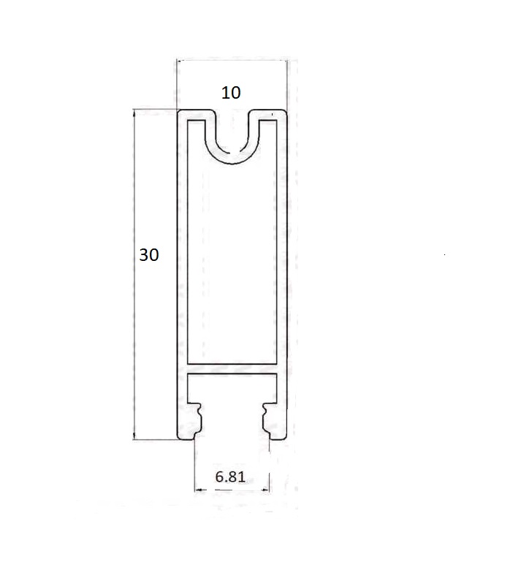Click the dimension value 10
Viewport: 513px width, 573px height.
pyautogui.click(x=231, y=93)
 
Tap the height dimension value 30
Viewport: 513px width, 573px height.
pyautogui.click(x=149, y=254)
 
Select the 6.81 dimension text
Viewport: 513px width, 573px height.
pyautogui.click(x=230, y=477)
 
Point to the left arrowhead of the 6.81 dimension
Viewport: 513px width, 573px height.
pyautogui.click(x=199, y=490)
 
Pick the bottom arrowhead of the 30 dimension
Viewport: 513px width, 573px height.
pyautogui.click(x=134, y=434)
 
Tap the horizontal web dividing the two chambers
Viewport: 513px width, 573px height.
pyautogui.click(x=232, y=368)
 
